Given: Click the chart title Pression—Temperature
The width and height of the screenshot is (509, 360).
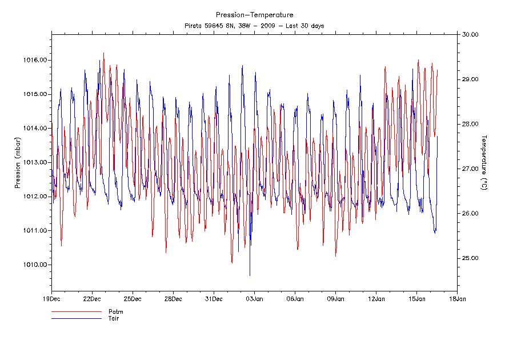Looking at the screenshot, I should [254, 15].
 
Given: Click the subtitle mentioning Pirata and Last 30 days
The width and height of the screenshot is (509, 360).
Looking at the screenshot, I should [254, 26].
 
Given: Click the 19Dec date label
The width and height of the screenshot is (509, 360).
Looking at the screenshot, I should [51, 298].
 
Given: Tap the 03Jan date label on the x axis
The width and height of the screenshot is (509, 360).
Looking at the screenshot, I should [254, 298].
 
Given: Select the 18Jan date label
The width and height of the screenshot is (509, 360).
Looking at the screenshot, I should [458, 298].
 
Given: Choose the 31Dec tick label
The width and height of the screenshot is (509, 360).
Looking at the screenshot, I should [214, 298].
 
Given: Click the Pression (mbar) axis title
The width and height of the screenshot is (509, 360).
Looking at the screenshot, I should [18, 163].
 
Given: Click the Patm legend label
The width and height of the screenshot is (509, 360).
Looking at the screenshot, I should [116, 312].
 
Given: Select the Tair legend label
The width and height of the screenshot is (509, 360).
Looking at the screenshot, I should [114, 318].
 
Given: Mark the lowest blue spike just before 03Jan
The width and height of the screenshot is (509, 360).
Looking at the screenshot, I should [250, 275].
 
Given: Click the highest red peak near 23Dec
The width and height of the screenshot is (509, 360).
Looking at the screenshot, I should [103, 53].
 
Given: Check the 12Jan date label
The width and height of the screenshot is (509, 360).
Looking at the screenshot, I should [376, 298].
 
